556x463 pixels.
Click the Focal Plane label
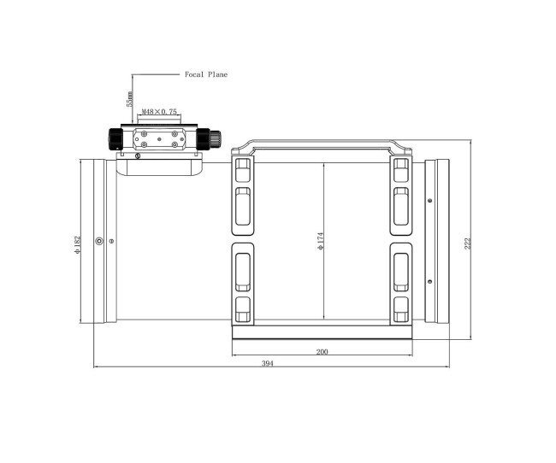coord(206,74)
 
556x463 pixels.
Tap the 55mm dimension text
coord(130,99)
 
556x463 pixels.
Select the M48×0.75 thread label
coord(159,112)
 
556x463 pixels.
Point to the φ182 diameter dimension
coord(77,244)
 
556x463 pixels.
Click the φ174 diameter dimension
coord(321,241)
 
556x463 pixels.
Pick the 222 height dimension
coord(468,243)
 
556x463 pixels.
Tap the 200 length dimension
coord(322,352)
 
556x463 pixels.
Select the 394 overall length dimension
coord(268,363)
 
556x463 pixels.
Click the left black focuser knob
coord(115,139)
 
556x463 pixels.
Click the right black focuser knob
coord(209,139)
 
